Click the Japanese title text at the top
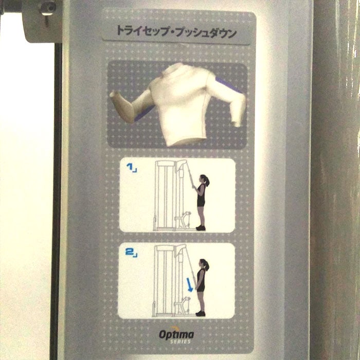(176, 32)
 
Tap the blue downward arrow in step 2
(189, 285)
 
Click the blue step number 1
(130, 167)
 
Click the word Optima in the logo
(176, 335)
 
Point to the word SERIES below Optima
(181, 341)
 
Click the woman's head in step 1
(204, 179)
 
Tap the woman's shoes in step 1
(201, 228)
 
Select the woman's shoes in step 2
(201, 313)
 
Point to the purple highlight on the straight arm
(228, 85)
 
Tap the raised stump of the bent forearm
(115, 96)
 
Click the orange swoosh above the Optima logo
(175, 328)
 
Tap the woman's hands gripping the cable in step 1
(194, 188)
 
